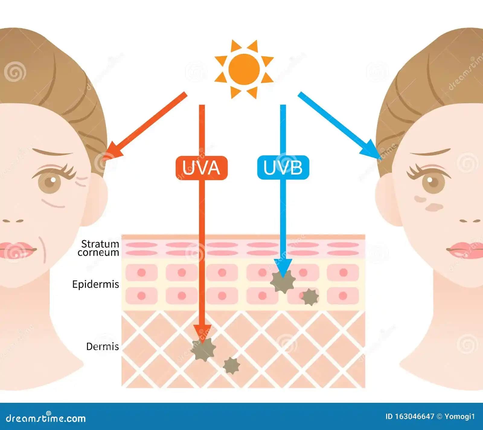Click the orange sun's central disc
(x=244, y=69)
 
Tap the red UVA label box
(x=201, y=168)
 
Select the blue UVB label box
(x=283, y=167)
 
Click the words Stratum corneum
(x=99, y=248)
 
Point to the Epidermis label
(x=96, y=284)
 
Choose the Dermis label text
(x=103, y=346)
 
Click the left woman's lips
(x=17, y=250)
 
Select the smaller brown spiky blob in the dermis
(x=231, y=365)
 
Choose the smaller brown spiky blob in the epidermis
(x=310, y=296)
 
